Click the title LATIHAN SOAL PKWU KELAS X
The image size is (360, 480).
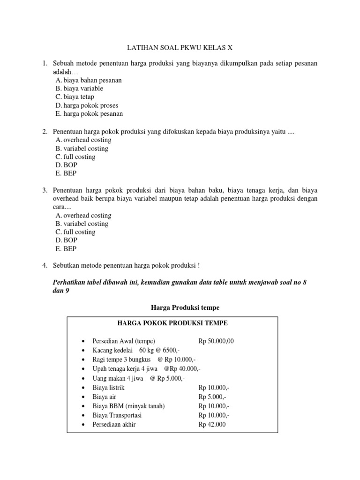tap(180, 48)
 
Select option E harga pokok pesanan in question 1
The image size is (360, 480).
tap(89, 113)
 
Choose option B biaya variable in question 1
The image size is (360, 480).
tap(79, 89)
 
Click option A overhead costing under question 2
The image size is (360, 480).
tap(83, 140)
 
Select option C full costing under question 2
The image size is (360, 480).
tap(75, 157)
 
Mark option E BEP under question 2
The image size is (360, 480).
tap(66, 173)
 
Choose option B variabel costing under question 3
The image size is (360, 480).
tap(82, 224)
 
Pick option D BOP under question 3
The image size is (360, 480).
tap(67, 240)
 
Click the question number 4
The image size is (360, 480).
tap(45, 266)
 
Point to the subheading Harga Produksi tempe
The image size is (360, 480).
tap(180, 307)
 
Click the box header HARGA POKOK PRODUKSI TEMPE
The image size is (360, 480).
tap(173, 323)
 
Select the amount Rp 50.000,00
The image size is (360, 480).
tap(219, 341)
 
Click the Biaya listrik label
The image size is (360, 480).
tap(109, 388)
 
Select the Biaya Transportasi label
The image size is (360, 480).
tap(117, 415)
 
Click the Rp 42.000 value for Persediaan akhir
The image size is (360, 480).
tap(212, 425)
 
